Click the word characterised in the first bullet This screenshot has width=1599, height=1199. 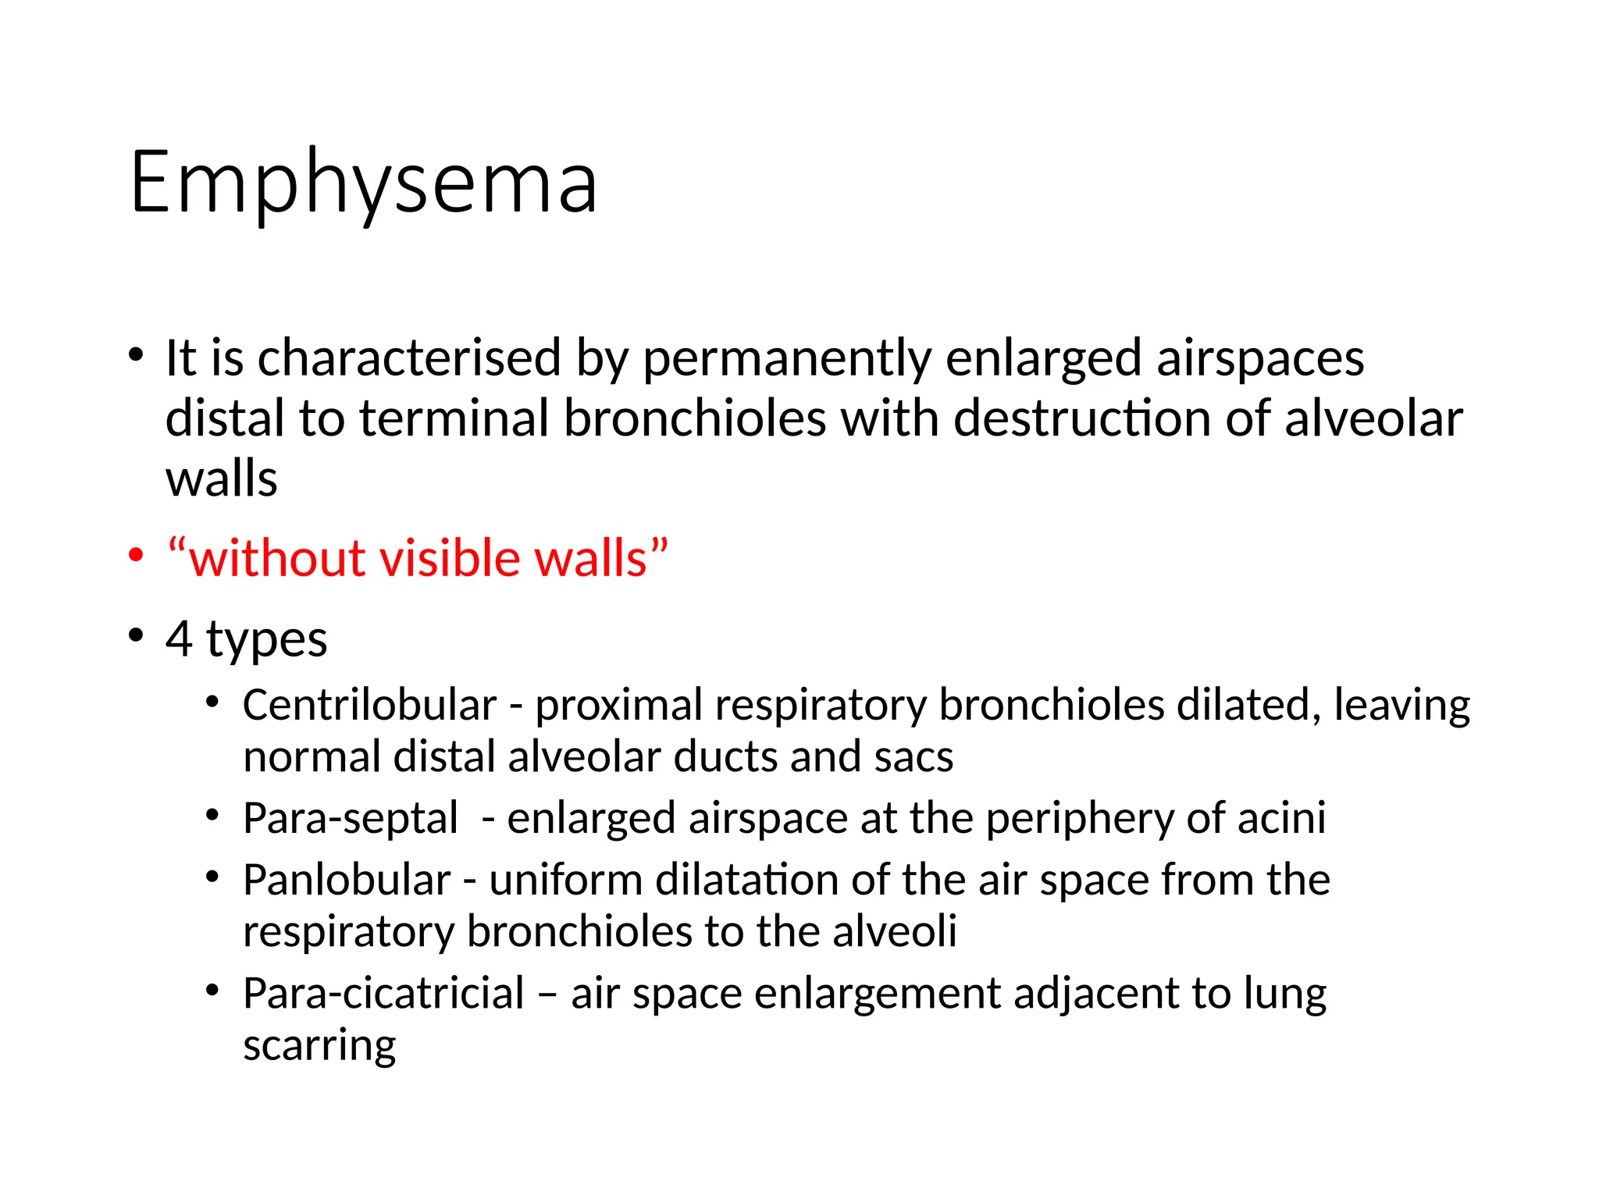(x=409, y=358)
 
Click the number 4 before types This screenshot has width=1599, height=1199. (x=179, y=639)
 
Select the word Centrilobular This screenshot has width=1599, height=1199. (x=369, y=705)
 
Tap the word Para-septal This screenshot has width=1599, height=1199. (x=350, y=818)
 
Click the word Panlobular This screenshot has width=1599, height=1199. (x=347, y=880)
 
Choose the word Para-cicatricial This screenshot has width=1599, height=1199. (x=383, y=994)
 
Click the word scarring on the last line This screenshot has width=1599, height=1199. (x=319, y=1046)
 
